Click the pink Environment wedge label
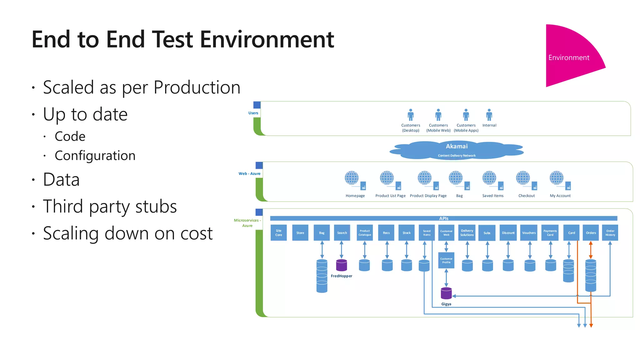point(568,58)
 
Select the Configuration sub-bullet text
point(95,156)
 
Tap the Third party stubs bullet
point(110,207)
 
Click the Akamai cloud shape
point(457,150)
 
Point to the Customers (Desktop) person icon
point(411,115)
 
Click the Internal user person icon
point(489,115)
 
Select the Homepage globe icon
point(352,178)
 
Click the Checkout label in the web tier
point(527,196)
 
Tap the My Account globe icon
point(557,178)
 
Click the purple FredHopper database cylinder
point(342,265)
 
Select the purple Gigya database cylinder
point(446,293)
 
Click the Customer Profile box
point(446,261)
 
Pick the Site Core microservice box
point(278,233)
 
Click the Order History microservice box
point(610,233)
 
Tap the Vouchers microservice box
point(529,233)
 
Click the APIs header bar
point(443,218)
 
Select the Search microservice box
point(342,233)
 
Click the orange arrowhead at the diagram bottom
point(591,326)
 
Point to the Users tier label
point(253,113)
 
